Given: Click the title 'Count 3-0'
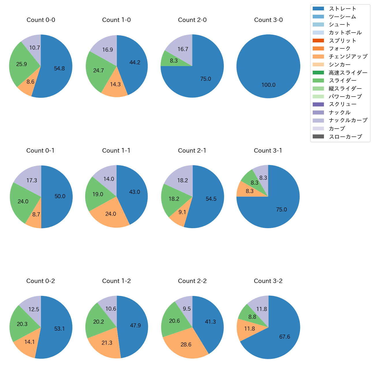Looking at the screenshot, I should (268, 20).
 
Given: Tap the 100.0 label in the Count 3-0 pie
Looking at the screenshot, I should (269, 85).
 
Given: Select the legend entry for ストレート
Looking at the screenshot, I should (342, 9).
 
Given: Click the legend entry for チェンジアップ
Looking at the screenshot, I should (348, 57).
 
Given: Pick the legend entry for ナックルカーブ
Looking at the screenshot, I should (348, 120).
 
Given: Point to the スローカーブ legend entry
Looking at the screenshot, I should (345, 136).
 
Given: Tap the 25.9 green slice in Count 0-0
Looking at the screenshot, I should (22, 64).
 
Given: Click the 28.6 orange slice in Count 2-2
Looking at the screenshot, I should (186, 345).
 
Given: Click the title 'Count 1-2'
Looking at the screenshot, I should (116, 281).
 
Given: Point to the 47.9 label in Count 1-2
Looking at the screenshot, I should (135, 325).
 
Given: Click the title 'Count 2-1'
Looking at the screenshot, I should (192, 151).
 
